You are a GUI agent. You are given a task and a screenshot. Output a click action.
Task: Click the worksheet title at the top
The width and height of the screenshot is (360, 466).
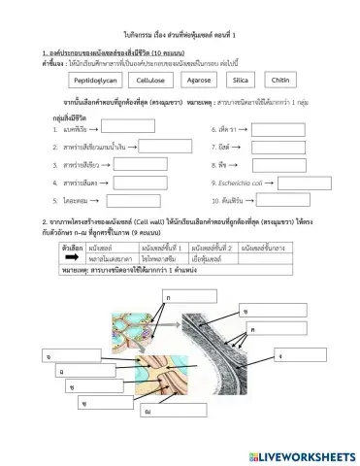(180, 9)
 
